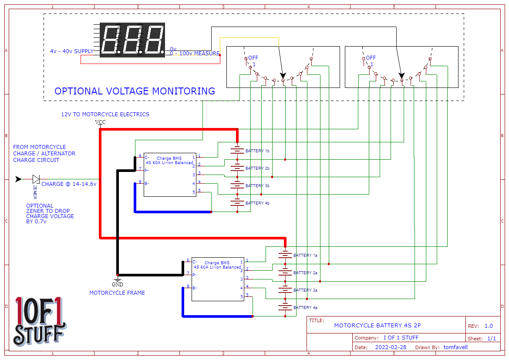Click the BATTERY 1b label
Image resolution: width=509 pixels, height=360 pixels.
tap(257, 151)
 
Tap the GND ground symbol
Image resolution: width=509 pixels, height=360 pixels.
tap(117, 279)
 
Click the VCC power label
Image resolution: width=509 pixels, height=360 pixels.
tap(100, 122)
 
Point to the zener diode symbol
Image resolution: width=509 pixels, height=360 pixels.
tap(36, 179)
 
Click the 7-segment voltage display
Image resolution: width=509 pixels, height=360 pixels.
tap(132, 40)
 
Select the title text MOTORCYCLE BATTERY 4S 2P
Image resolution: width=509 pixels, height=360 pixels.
tap(377, 326)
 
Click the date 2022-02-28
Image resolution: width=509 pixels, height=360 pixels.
tap(391, 347)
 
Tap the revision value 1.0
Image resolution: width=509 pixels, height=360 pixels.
tap(489, 326)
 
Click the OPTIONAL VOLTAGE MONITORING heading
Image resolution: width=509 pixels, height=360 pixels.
tap(135, 91)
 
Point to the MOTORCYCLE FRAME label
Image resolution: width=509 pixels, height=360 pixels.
tap(117, 293)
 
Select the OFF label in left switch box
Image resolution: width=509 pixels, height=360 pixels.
tap(253, 58)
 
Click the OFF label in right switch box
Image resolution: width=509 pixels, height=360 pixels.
tap(371, 58)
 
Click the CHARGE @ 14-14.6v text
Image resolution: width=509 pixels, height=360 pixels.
tap(69, 184)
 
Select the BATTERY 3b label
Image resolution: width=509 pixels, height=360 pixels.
tap(257, 186)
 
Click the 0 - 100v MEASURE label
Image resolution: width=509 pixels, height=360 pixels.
tap(194, 54)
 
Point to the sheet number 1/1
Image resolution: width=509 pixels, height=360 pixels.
tap(491, 338)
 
